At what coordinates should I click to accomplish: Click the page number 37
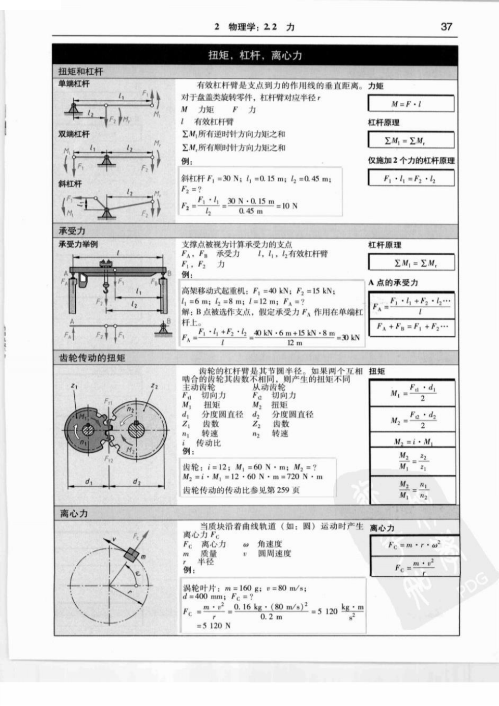pyautogui.click(x=446, y=26)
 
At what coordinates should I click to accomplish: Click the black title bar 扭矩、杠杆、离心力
pyautogui.click(x=255, y=55)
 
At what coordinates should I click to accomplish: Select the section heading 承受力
pyautogui.click(x=72, y=231)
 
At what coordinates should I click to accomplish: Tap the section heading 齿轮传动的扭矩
pyautogui.click(x=92, y=358)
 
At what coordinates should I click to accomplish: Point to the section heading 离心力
pyautogui.click(x=74, y=514)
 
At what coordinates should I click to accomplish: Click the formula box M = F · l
pyautogui.click(x=410, y=104)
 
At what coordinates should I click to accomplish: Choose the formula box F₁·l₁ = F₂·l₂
pyautogui.click(x=410, y=179)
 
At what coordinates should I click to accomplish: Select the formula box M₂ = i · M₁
pyautogui.click(x=412, y=441)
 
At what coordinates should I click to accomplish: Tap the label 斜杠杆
pyautogui.click(x=70, y=183)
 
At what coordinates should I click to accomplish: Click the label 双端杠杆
pyautogui.click(x=74, y=134)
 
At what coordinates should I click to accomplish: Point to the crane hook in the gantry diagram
pyautogui.click(x=106, y=288)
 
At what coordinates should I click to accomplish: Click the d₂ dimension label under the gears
pyautogui.click(x=137, y=481)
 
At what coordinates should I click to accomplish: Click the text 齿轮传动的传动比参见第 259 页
pyautogui.click(x=241, y=490)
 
